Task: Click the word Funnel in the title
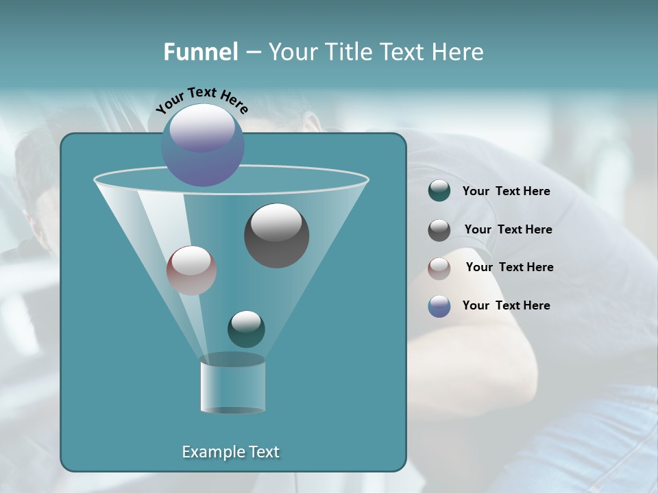(201, 52)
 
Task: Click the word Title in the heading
(346, 52)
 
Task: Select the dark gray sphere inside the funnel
(277, 236)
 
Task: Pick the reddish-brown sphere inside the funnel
(191, 270)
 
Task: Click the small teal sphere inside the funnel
(246, 329)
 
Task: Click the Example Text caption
(230, 452)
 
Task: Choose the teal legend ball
(439, 191)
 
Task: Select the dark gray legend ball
(439, 230)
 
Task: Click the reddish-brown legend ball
(439, 268)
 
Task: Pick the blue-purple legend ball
(439, 306)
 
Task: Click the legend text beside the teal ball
(506, 192)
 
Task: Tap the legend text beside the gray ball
(508, 230)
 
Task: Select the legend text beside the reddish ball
(509, 267)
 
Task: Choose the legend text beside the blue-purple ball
(506, 305)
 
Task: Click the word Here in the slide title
(459, 52)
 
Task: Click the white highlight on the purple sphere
(202, 127)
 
